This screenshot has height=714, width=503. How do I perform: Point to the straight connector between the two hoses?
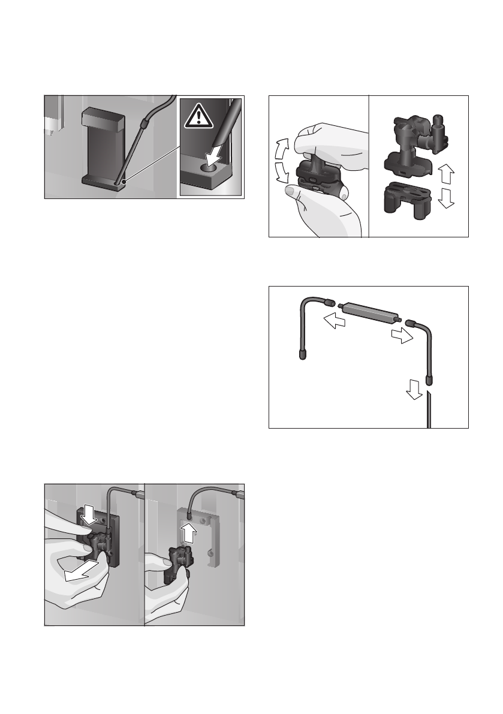click(365, 313)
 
